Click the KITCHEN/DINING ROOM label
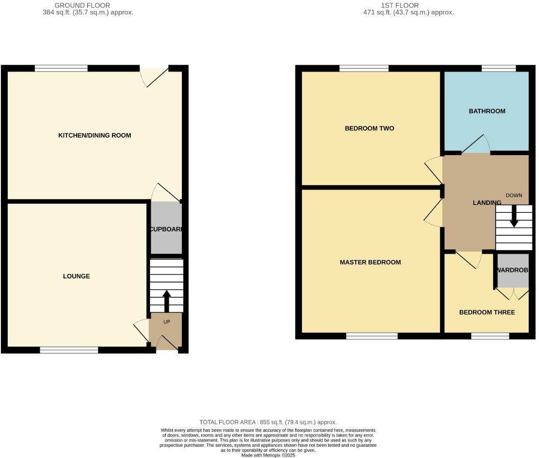(x=94, y=135)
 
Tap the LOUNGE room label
(x=76, y=276)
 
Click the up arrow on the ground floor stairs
(x=166, y=300)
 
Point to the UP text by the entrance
(x=167, y=322)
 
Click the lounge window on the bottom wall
(x=69, y=350)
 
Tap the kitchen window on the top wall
(x=61, y=68)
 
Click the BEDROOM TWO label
(x=369, y=128)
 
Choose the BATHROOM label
(x=487, y=111)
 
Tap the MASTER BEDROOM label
(x=370, y=262)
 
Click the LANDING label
(x=487, y=203)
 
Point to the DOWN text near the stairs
(x=514, y=195)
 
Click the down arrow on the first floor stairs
(x=514, y=217)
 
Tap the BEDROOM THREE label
(x=487, y=312)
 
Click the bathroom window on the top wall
(x=499, y=68)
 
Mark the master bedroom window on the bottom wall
(x=372, y=336)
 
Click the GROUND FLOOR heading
(x=82, y=5)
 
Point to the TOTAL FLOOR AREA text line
(x=268, y=422)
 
